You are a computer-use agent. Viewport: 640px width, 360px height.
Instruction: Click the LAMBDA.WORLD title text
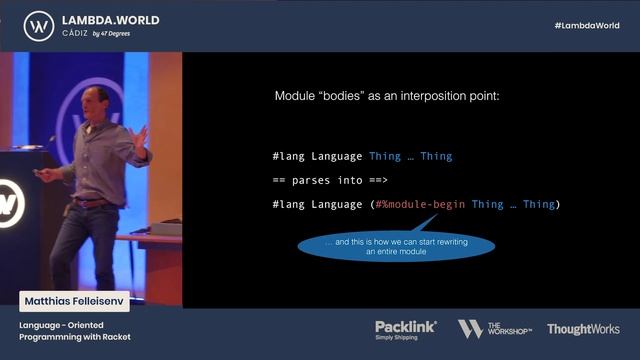click(110, 19)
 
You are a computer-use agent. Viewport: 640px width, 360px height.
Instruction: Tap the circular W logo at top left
click(38, 25)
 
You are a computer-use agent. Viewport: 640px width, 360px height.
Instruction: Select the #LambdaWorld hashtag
click(586, 25)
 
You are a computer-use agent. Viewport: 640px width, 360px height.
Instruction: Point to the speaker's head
click(95, 100)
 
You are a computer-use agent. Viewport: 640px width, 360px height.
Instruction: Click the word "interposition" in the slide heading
click(441, 97)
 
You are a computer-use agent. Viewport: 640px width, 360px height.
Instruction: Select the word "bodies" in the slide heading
click(344, 97)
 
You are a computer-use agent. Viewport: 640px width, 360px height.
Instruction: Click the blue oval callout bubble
click(396, 246)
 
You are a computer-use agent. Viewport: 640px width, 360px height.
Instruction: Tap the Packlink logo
click(406, 326)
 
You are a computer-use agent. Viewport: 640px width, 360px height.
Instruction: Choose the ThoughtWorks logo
click(583, 329)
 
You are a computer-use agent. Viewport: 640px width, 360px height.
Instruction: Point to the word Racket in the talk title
click(114, 337)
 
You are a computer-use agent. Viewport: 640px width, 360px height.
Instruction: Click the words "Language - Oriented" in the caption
click(62, 325)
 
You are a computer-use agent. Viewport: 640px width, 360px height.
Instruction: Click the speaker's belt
click(93, 202)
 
